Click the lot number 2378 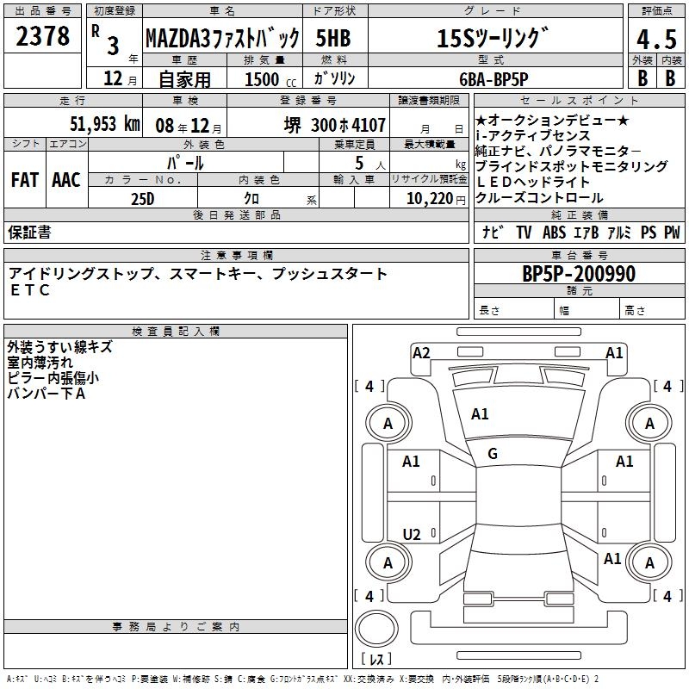click(x=43, y=36)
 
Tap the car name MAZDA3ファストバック click(x=222, y=39)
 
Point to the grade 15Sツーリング click(x=493, y=39)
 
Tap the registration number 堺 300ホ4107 click(x=335, y=124)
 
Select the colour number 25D click(x=143, y=199)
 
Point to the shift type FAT click(x=24, y=180)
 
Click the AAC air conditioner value click(x=65, y=180)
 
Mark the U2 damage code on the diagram click(x=412, y=535)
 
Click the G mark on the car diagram click(x=492, y=454)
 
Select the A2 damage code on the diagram click(x=421, y=352)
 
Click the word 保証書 click(x=29, y=233)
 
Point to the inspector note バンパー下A click(x=47, y=394)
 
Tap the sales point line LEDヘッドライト click(x=533, y=182)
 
